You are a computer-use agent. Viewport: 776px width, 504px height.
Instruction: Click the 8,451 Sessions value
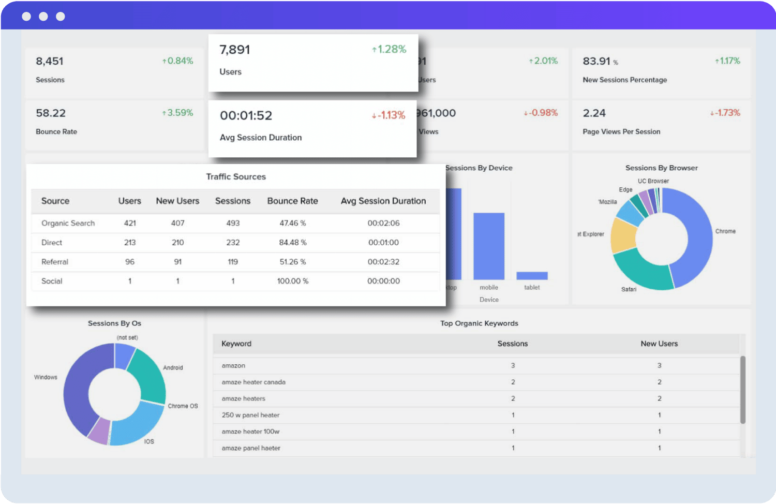click(x=50, y=62)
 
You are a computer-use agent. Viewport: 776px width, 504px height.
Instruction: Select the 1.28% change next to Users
click(x=389, y=50)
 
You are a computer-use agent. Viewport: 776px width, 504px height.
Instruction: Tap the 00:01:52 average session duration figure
click(x=246, y=116)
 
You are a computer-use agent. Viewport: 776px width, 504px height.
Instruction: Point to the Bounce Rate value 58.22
click(x=51, y=113)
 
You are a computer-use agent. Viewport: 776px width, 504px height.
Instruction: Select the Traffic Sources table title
click(x=236, y=177)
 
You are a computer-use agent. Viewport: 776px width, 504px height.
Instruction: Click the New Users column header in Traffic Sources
click(x=177, y=201)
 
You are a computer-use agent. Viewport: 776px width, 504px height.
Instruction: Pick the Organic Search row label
click(x=68, y=224)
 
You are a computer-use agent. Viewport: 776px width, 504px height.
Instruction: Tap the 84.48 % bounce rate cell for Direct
click(x=293, y=243)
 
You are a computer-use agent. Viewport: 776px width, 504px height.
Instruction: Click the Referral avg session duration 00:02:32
click(x=383, y=262)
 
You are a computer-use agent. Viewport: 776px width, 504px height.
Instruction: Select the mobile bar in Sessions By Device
click(x=488, y=246)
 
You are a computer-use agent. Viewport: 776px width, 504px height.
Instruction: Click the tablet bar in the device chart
click(x=532, y=276)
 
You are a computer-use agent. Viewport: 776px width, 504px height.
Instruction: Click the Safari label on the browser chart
click(x=629, y=289)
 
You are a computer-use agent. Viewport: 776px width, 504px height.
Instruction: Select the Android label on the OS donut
click(x=173, y=368)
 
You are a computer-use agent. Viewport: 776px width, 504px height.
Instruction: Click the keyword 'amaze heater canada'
click(x=253, y=382)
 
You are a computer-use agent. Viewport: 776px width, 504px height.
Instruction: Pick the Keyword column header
click(x=236, y=344)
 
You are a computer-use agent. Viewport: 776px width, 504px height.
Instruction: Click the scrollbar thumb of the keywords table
click(x=743, y=390)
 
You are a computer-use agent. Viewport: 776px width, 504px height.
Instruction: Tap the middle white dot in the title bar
click(x=43, y=17)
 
